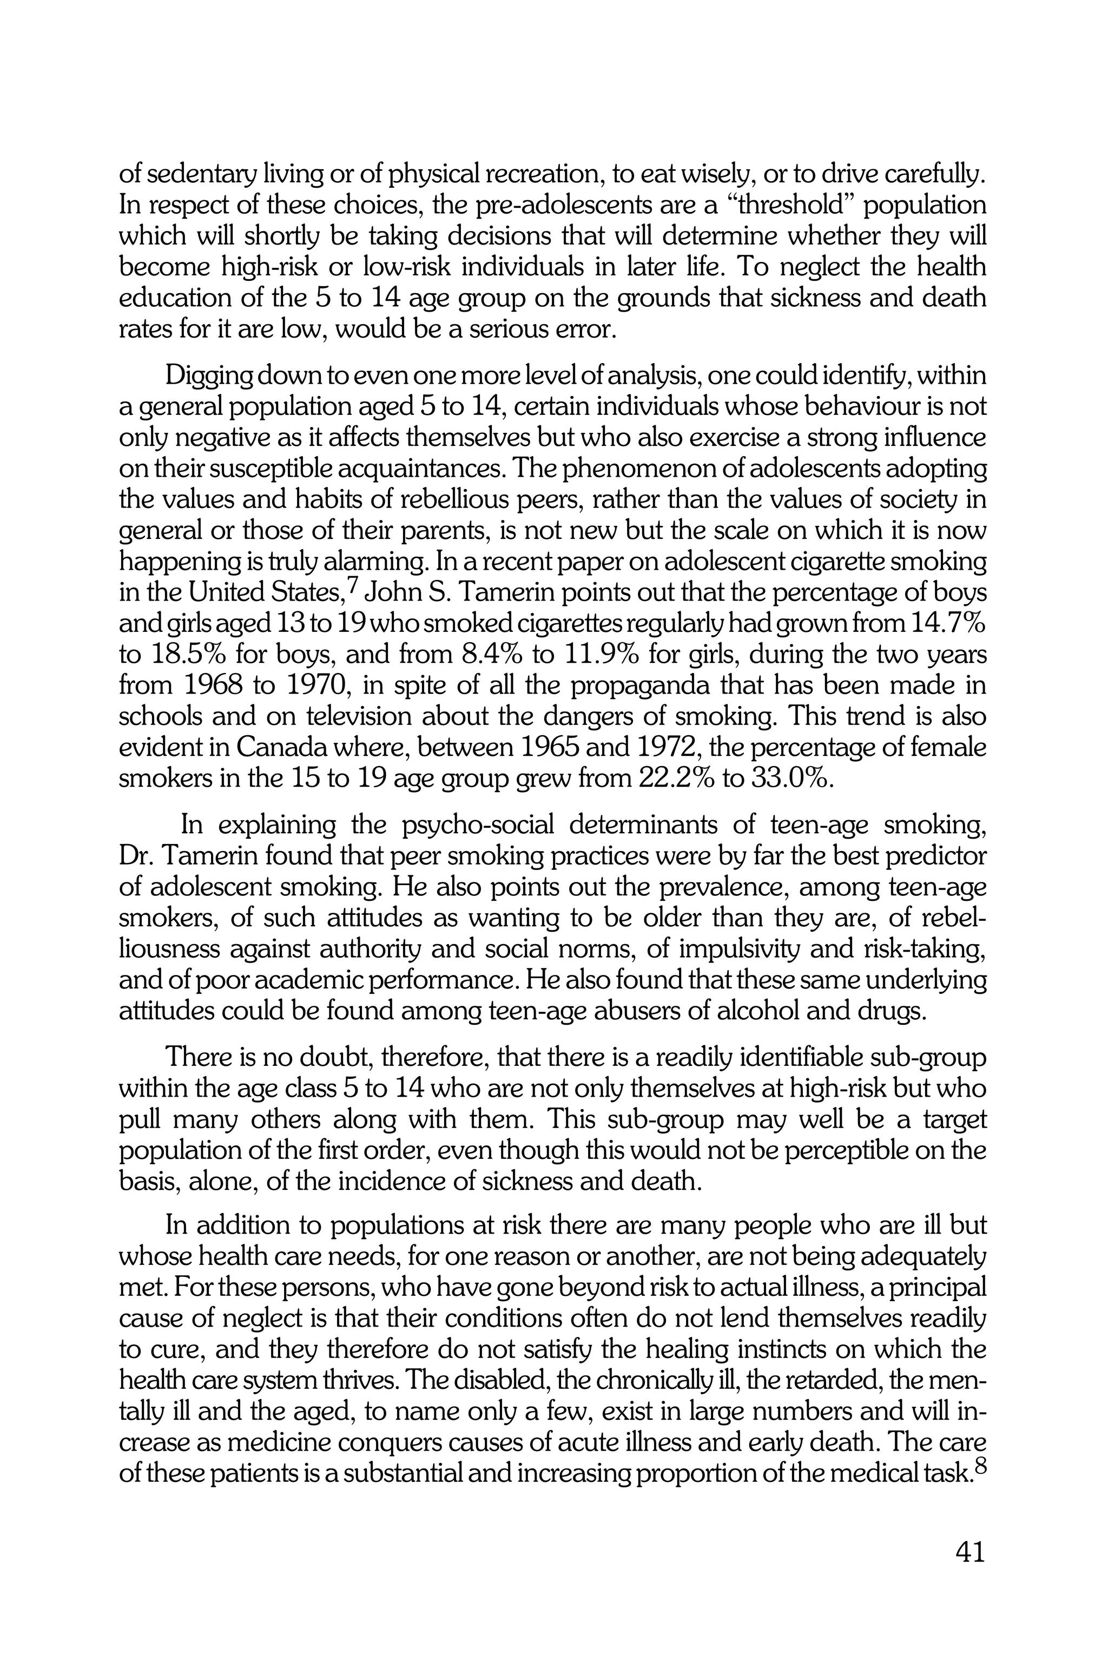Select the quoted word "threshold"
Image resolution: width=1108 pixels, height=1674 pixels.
tap(782, 206)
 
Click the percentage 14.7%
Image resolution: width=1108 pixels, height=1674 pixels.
tap(948, 624)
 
